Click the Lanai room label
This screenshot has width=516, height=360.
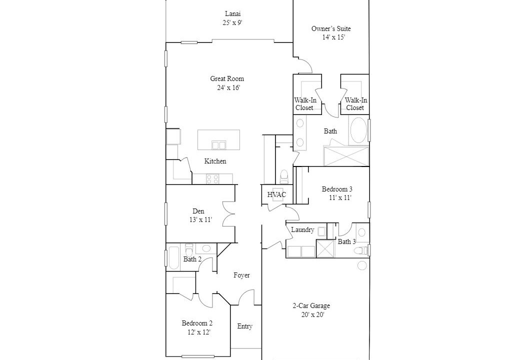[x=232, y=14]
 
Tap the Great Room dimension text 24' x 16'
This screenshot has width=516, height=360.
[x=228, y=87]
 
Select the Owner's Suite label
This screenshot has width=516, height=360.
[x=331, y=28]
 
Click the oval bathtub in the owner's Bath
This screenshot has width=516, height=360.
[x=358, y=130]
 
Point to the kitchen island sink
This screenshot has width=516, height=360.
[x=218, y=145]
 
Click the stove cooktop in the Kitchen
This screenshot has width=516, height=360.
[x=212, y=179]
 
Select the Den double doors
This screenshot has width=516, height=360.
[x=229, y=214]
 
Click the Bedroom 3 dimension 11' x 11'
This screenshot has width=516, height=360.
[x=340, y=198]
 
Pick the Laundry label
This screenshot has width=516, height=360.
[x=302, y=229]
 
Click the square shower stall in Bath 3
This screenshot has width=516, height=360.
[x=325, y=249]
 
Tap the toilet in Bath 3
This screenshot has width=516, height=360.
[x=360, y=250]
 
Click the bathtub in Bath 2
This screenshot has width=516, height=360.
[x=173, y=257]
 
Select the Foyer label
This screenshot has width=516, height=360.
[x=241, y=275]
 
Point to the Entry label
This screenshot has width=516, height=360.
[x=244, y=326]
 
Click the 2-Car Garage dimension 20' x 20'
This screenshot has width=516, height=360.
[x=312, y=314]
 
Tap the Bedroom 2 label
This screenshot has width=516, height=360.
[x=197, y=323]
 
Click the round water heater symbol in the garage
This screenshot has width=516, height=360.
[x=362, y=265]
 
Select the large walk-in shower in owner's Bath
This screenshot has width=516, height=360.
[x=346, y=156]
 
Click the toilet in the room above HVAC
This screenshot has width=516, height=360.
[x=283, y=177]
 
